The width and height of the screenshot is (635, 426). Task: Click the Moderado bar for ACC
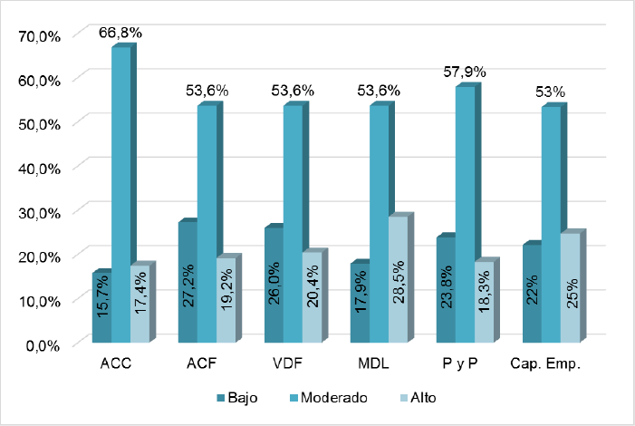pos(120,195)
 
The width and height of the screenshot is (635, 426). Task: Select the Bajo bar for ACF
pos(188,282)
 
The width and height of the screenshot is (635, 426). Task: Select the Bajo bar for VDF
pos(274,285)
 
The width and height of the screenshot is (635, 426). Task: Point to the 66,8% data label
pos(120,33)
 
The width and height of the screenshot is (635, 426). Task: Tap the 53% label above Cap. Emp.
pos(550,92)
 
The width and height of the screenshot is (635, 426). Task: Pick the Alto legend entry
pos(418,397)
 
